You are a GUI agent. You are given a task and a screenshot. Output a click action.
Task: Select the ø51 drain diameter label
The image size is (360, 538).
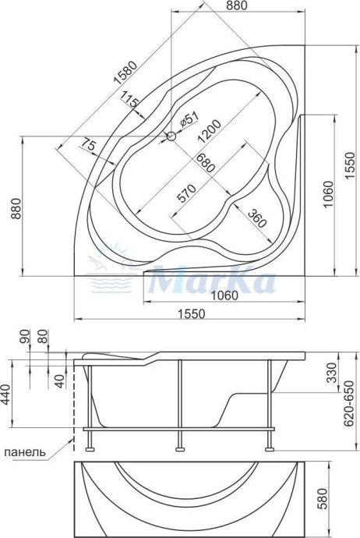click(191, 121)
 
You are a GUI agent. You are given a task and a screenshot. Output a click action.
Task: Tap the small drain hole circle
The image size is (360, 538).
click(170, 136)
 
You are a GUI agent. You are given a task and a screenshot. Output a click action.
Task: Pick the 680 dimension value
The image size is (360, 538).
click(206, 165)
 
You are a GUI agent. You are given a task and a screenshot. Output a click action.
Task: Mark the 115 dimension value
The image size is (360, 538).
click(130, 102)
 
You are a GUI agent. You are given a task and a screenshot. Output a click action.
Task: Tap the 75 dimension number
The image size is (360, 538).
click(87, 146)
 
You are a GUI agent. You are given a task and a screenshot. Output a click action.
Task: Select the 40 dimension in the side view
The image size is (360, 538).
click(59, 380)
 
